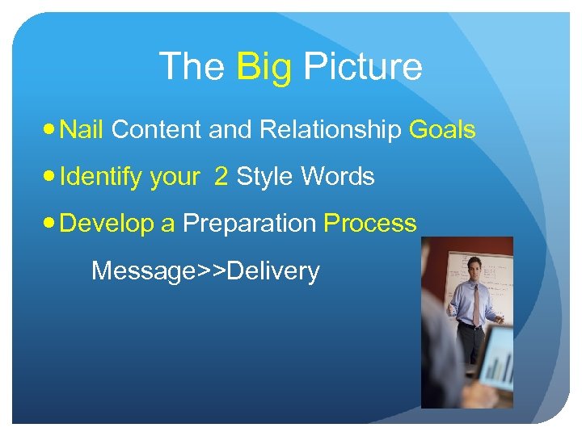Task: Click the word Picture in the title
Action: (x=362, y=67)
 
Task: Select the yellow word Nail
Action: (x=82, y=129)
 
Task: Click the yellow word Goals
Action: (x=442, y=129)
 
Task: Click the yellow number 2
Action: (x=221, y=176)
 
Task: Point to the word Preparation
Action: (x=250, y=224)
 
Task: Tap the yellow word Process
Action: (x=370, y=224)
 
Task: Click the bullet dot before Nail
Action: (x=50, y=130)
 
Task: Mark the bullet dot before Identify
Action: (x=50, y=177)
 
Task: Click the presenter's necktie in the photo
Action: (x=477, y=302)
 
